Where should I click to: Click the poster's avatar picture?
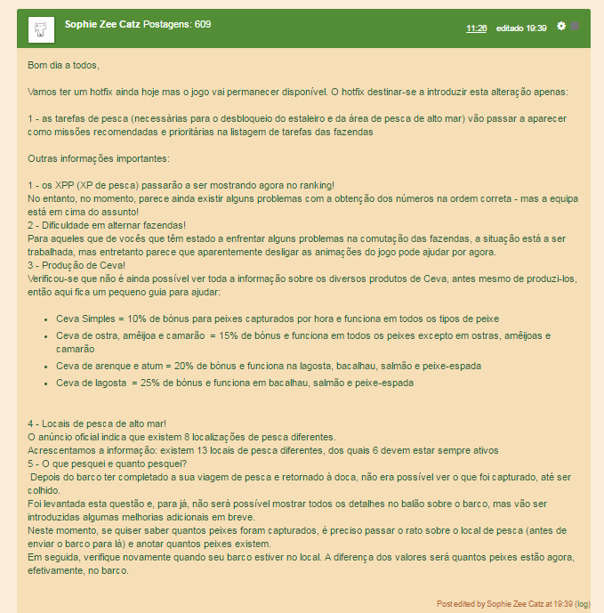click(40, 29)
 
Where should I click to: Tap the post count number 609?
click(203, 24)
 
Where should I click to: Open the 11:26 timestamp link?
click(476, 28)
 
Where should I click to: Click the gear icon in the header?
click(561, 26)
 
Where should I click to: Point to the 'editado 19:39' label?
click(521, 28)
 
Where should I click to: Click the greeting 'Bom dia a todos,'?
click(64, 65)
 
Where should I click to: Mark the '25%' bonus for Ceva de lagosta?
click(152, 383)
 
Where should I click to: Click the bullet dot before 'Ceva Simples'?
click(46, 319)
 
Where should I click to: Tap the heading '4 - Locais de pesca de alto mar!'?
click(97, 423)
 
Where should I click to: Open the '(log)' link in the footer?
click(583, 603)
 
